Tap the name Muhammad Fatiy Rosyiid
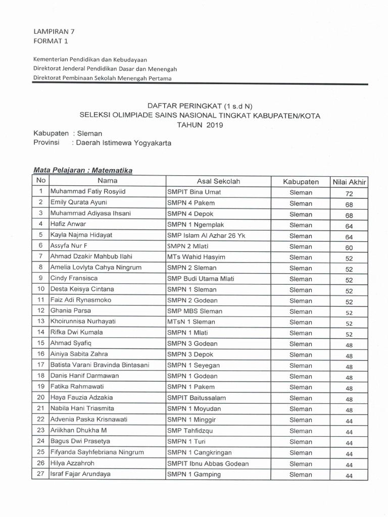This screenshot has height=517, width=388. [x=87, y=192]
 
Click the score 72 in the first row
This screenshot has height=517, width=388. [x=349, y=193]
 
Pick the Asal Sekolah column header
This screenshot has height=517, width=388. [x=218, y=181]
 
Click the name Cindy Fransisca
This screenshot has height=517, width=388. [x=74, y=278]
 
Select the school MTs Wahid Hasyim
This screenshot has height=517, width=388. [x=196, y=257]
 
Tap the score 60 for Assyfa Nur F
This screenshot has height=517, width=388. [x=349, y=247]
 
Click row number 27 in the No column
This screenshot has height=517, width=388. [x=41, y=474]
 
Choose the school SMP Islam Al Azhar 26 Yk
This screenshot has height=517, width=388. [x=206, y=235]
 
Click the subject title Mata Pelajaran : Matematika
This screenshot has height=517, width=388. [x=83, y=171]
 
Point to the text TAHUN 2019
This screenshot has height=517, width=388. [x=200, y=125]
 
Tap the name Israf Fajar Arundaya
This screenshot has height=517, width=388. [x=80, y=474]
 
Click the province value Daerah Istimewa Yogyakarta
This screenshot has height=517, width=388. [x=123, y=143]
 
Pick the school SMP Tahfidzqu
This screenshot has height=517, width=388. [x=190, y=431]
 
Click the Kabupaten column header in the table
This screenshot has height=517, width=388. [x=301, y=181]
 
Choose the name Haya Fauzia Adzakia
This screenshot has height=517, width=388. [x=81, y=397]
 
